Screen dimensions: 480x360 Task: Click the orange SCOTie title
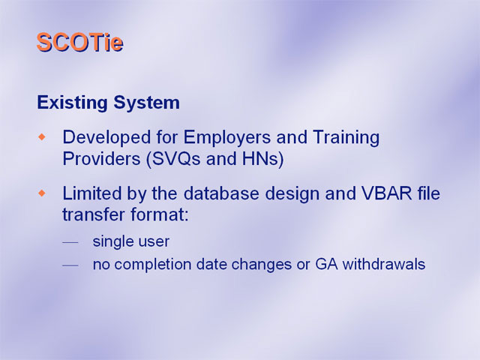80,42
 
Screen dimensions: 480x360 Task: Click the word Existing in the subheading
72,103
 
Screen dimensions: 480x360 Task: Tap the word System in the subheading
147,103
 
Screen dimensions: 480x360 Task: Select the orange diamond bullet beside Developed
42,136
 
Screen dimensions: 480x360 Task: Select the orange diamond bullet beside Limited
42,193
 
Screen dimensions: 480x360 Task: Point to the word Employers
226,137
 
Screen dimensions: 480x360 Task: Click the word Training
346,137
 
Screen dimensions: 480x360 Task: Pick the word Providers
101,158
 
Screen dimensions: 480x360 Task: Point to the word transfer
94,214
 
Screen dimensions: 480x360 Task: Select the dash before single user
70,243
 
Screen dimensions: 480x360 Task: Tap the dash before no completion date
70,265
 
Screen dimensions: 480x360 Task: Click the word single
112,241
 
